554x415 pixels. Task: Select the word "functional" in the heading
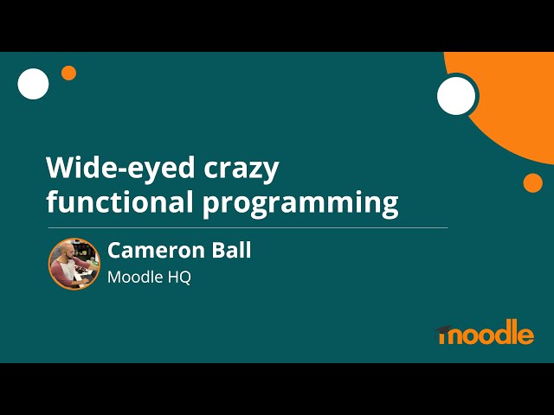pyautogui.click(x=119, y=202)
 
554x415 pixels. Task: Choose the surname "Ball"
pyautogui.click(x=229, y=251)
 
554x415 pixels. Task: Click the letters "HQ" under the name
pyautogui.click(x=178, y=278)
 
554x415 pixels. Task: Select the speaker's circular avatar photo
pyautogui.click(x=74, y=264)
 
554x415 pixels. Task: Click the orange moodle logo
pyautogui.click(x=486, y=333)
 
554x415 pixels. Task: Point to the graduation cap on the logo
pyautogui.click(x=450, y=327)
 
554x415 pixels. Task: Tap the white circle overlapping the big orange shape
pyautogui.click(x=456, y=96)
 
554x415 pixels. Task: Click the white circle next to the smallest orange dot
pyautogui.click(x=34, y=84)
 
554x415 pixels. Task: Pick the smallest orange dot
pyautogui.click(x=68, y=73)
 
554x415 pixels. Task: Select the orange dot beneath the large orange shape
pyautogui.click(x=532, y=182)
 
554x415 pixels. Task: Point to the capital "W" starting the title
pyautogui.click(x=61, y=167)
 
